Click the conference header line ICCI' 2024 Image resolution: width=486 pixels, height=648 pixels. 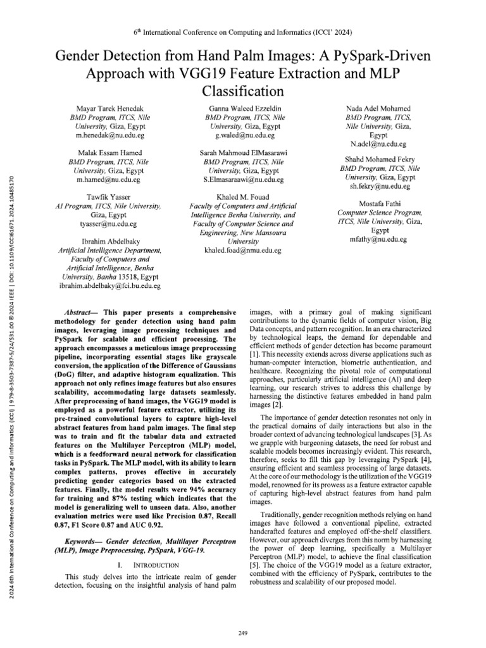[x=243, y=32]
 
